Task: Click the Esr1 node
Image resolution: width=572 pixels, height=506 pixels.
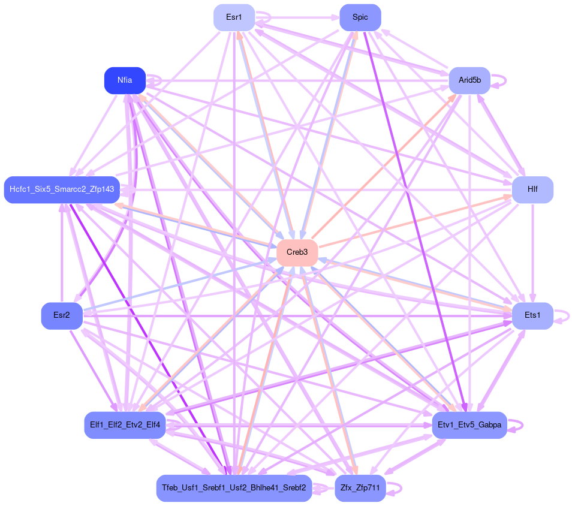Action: coord(234,17)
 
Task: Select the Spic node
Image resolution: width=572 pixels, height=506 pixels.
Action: coord(360,17)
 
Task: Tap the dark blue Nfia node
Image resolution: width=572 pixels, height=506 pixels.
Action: coord(125,80)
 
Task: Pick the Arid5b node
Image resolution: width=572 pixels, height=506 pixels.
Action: coord(469,80)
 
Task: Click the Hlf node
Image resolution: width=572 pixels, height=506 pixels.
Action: coord(532,189)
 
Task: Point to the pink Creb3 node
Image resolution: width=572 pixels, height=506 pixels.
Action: coord(297,252)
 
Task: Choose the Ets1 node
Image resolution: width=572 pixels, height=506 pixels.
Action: coord(532,315)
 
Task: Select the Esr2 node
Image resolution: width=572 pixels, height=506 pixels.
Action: coord(61,315)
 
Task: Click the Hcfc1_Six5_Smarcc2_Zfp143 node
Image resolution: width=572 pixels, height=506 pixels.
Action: coord(62,189)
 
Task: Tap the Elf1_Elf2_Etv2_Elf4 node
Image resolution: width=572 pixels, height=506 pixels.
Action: coord(125,425)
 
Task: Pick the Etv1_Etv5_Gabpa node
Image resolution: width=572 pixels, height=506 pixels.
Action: coord(469,425)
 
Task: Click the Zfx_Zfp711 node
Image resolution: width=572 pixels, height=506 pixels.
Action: coord(360,488)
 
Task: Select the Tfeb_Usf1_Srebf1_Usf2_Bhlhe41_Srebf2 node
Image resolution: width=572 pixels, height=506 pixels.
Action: coord(234,488)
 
